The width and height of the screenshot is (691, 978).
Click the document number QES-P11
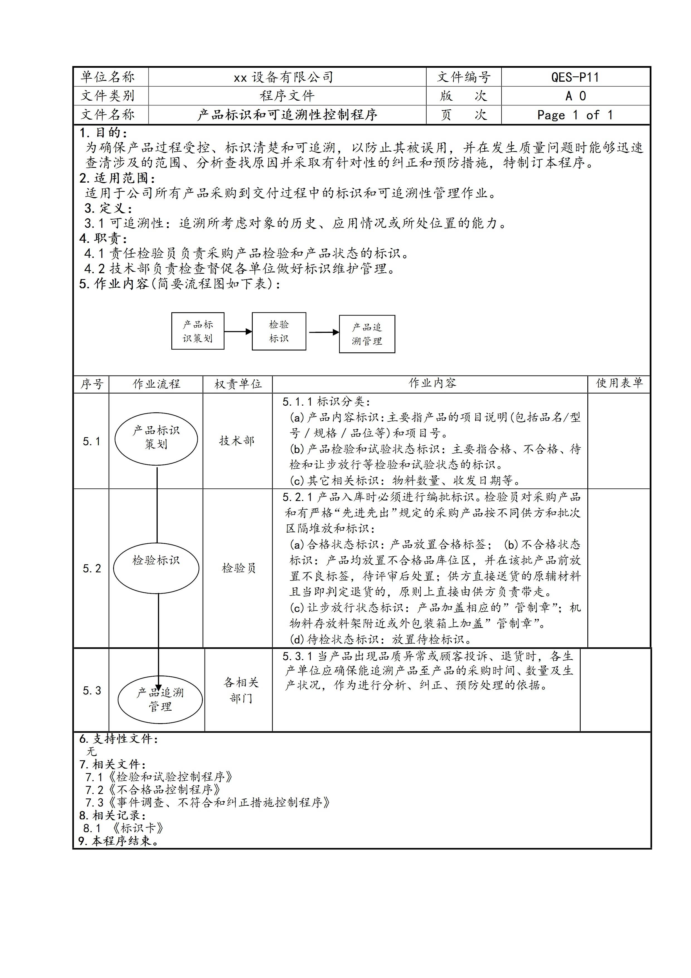[575, 77]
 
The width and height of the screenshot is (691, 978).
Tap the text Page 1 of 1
[575, 115]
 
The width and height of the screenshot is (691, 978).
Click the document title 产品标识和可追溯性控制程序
[287, 115]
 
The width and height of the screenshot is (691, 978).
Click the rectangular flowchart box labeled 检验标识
[279, 331]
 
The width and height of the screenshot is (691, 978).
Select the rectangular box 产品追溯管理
[367, 334]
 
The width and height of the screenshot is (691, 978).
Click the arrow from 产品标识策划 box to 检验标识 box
[238, 331]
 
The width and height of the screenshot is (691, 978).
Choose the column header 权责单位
[238, 384]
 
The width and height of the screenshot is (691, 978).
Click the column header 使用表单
[619, 383]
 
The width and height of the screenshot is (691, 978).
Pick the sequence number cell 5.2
[92, 568]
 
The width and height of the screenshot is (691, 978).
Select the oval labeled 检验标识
[156, 565]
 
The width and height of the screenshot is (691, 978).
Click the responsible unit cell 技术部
[237, 441]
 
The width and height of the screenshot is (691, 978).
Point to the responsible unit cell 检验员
[239, 568]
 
